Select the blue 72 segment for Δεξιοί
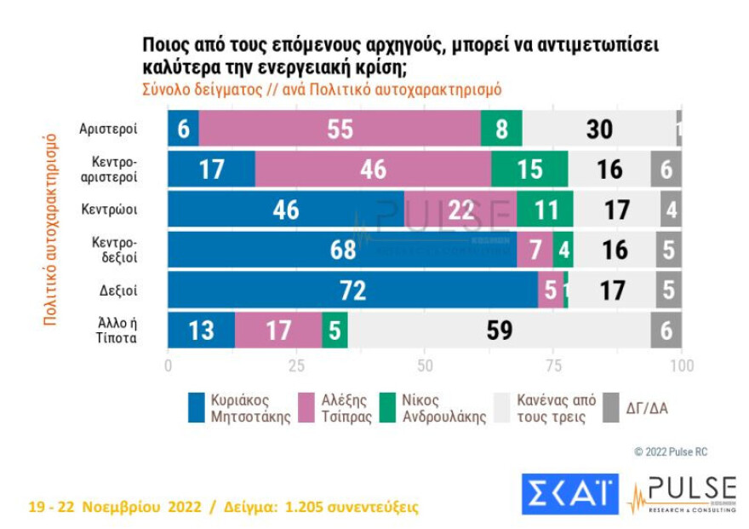(x=352, y=290)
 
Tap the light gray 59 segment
(x=499, y=331)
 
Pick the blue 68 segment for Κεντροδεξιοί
(x=341, y=250)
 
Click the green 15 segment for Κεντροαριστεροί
(x=529, y=169)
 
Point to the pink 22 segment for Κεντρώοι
(x=460, y=210)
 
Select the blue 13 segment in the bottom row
(x=201, y=331)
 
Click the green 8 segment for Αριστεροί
(x=501, y=129)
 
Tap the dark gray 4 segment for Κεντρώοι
(x=671, y=210)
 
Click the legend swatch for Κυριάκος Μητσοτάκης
(x=198, y=407)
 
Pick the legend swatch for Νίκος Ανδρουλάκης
(x=389, y=407)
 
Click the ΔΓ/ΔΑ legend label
(x=646, y=407)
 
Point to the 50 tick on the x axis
(x=425, y=365)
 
